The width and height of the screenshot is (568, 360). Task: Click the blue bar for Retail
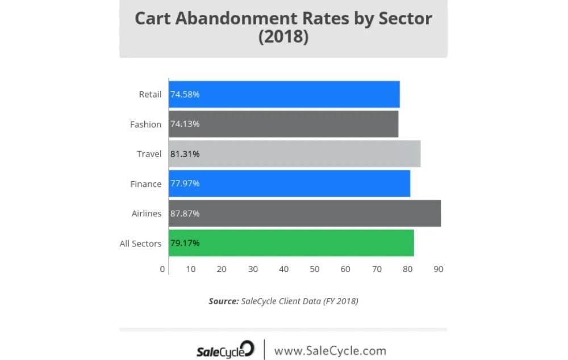pyautogui.click(x=284, y=94)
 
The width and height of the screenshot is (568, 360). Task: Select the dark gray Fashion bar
pyautogui.click(x=283, y=124)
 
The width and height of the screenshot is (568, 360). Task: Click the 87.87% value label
pyautogui.click(x=185, y=214)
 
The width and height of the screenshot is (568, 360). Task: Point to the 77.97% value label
pyautogui.click(x=185, y=183)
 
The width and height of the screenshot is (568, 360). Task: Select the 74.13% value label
pyautogui.click(x=185, y=124)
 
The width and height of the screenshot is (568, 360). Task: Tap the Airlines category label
pyautogui.click(x=147, y=214)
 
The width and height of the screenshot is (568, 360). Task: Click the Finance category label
pyautogui.click(x=146, y=184)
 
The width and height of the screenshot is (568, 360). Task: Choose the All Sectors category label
pyautogui.click(x=140, y=244)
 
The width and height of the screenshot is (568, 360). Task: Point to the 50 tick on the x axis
pyautogui.click(x=314, y=269)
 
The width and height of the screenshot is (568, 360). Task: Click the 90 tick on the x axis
pyautogui.click(x=438, y=269)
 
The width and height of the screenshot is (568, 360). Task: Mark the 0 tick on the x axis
pyautogui.click(x=162, y=269)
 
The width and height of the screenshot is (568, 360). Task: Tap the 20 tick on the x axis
pyautogui.click(x=222, y=269)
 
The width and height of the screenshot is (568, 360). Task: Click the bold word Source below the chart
pyautogui.click(x=223, y=301)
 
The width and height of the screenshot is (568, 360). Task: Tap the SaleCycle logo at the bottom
pyautogui.click(x=225, y=350)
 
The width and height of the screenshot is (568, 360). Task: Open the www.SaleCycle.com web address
pyautogui.click(x=330, y=350)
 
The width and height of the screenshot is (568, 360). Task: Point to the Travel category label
pyautogui.click(x=149, y=154)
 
